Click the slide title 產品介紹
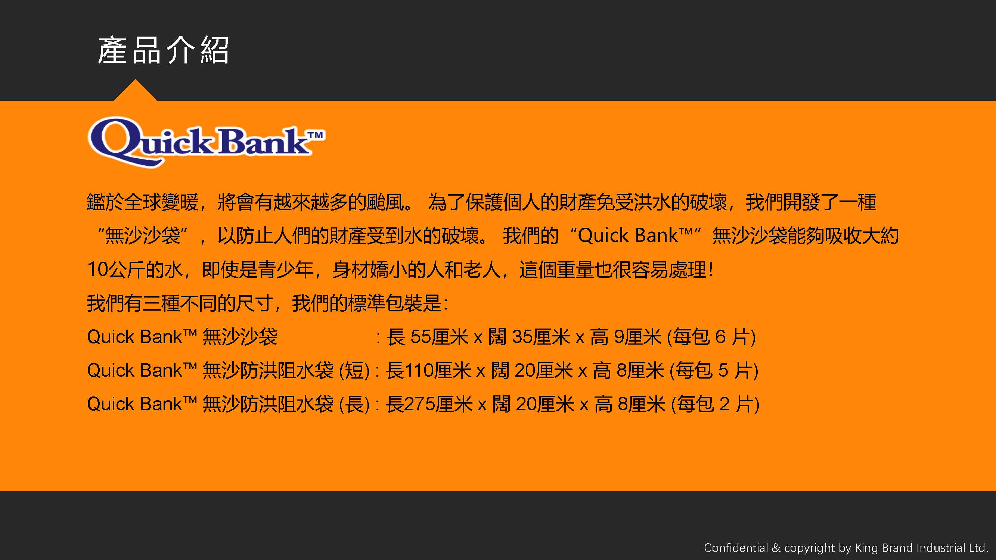[x=163, y=50]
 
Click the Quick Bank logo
[x=207, y=142]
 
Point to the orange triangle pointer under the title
[x=135, y=90]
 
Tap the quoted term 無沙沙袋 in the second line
[x=143, y=235]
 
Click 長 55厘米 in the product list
[x=428, y=337]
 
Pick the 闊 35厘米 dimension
[x=529, y=337]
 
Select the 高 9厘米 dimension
[x=626, y=337]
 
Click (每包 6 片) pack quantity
[x=711, y=337]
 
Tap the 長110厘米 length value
[x=428, y=370]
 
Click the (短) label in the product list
[x=354, y=371]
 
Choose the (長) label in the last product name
[x=354, y=404]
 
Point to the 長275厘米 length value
[x=429, y=404]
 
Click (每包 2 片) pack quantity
[x=715, y=404]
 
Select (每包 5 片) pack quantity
[x=714, y=371]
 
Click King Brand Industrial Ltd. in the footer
[x=921, y=548]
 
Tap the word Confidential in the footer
[x=736, y=548]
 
